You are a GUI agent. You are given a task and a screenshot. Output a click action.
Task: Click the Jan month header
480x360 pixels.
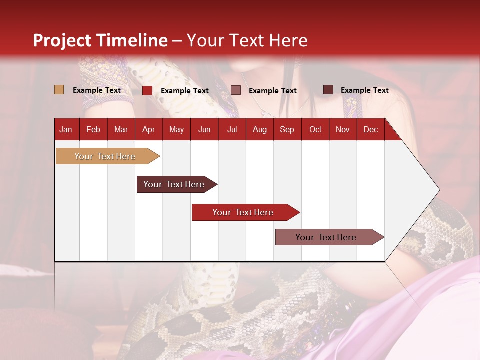pos(66,129)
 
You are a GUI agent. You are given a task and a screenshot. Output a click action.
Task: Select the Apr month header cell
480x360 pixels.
pos(149,129)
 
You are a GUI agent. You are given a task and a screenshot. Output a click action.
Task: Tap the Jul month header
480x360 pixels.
pos(232,129)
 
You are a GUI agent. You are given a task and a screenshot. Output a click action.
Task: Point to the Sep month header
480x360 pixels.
pos(287,129)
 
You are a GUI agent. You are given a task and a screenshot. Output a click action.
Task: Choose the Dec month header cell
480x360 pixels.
pos(370,129)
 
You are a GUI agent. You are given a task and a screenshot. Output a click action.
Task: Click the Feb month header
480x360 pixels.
pos(93,129)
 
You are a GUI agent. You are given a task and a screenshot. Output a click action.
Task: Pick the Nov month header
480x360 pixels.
pos(343,129)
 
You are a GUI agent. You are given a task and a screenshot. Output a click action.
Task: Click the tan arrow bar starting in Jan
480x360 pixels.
pos(105,156)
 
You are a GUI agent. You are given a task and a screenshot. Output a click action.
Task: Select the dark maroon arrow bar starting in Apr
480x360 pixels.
pos(174,184)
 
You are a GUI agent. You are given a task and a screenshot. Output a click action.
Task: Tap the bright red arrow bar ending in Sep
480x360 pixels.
pos(243,212)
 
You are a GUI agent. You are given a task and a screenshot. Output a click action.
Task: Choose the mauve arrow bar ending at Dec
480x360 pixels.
pos(326,237)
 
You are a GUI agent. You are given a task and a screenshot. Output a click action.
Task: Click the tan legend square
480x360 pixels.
pos(59,90)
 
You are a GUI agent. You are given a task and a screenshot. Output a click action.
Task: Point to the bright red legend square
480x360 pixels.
pos(147,90)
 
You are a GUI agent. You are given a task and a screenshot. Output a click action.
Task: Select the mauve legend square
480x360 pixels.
pos(236,90)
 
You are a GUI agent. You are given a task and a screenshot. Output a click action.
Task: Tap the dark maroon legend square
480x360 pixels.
pos(328,90)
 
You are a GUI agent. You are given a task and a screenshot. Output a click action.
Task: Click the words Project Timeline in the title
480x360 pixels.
pos(100,40)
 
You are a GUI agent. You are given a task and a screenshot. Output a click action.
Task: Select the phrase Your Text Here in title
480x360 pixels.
pos(247,40)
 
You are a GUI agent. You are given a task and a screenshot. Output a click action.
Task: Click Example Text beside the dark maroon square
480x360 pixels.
pos(364,90)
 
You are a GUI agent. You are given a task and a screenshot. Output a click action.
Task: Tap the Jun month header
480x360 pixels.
pos(204,129)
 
